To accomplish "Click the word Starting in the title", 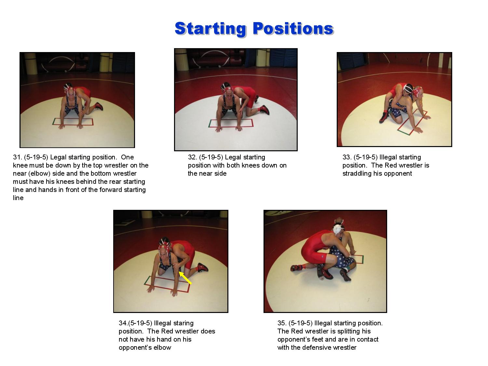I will [x=211, y=28].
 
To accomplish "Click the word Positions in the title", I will [x=293, y=28].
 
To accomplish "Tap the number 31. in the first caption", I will [x=18, y=157].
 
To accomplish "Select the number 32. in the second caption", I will [x=193, y=157].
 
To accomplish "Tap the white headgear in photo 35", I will [x=338, y=229].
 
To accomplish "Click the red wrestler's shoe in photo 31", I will [x=99, y=106].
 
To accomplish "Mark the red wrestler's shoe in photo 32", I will [x=265, y=110].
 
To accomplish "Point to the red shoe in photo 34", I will [x=203, y=267].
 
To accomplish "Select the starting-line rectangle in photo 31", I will [x=73, y=122].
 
